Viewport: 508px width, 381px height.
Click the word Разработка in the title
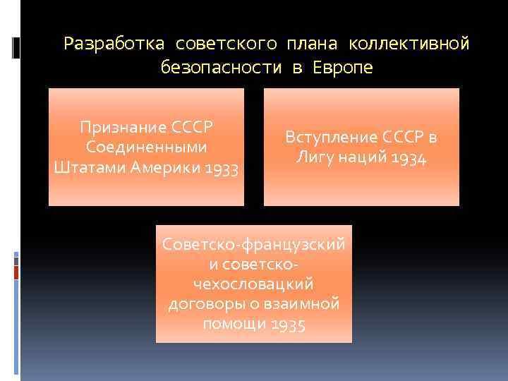tap(114, 44)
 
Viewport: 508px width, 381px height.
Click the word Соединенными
tap(146, 148)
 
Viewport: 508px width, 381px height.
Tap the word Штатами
tap(83, 169)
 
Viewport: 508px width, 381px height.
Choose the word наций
tap(366, 159)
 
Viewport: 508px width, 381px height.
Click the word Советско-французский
tap(254, 243)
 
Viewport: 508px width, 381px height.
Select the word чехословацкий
tap(253, 284)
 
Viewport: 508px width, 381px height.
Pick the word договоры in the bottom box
tap(202, 304)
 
